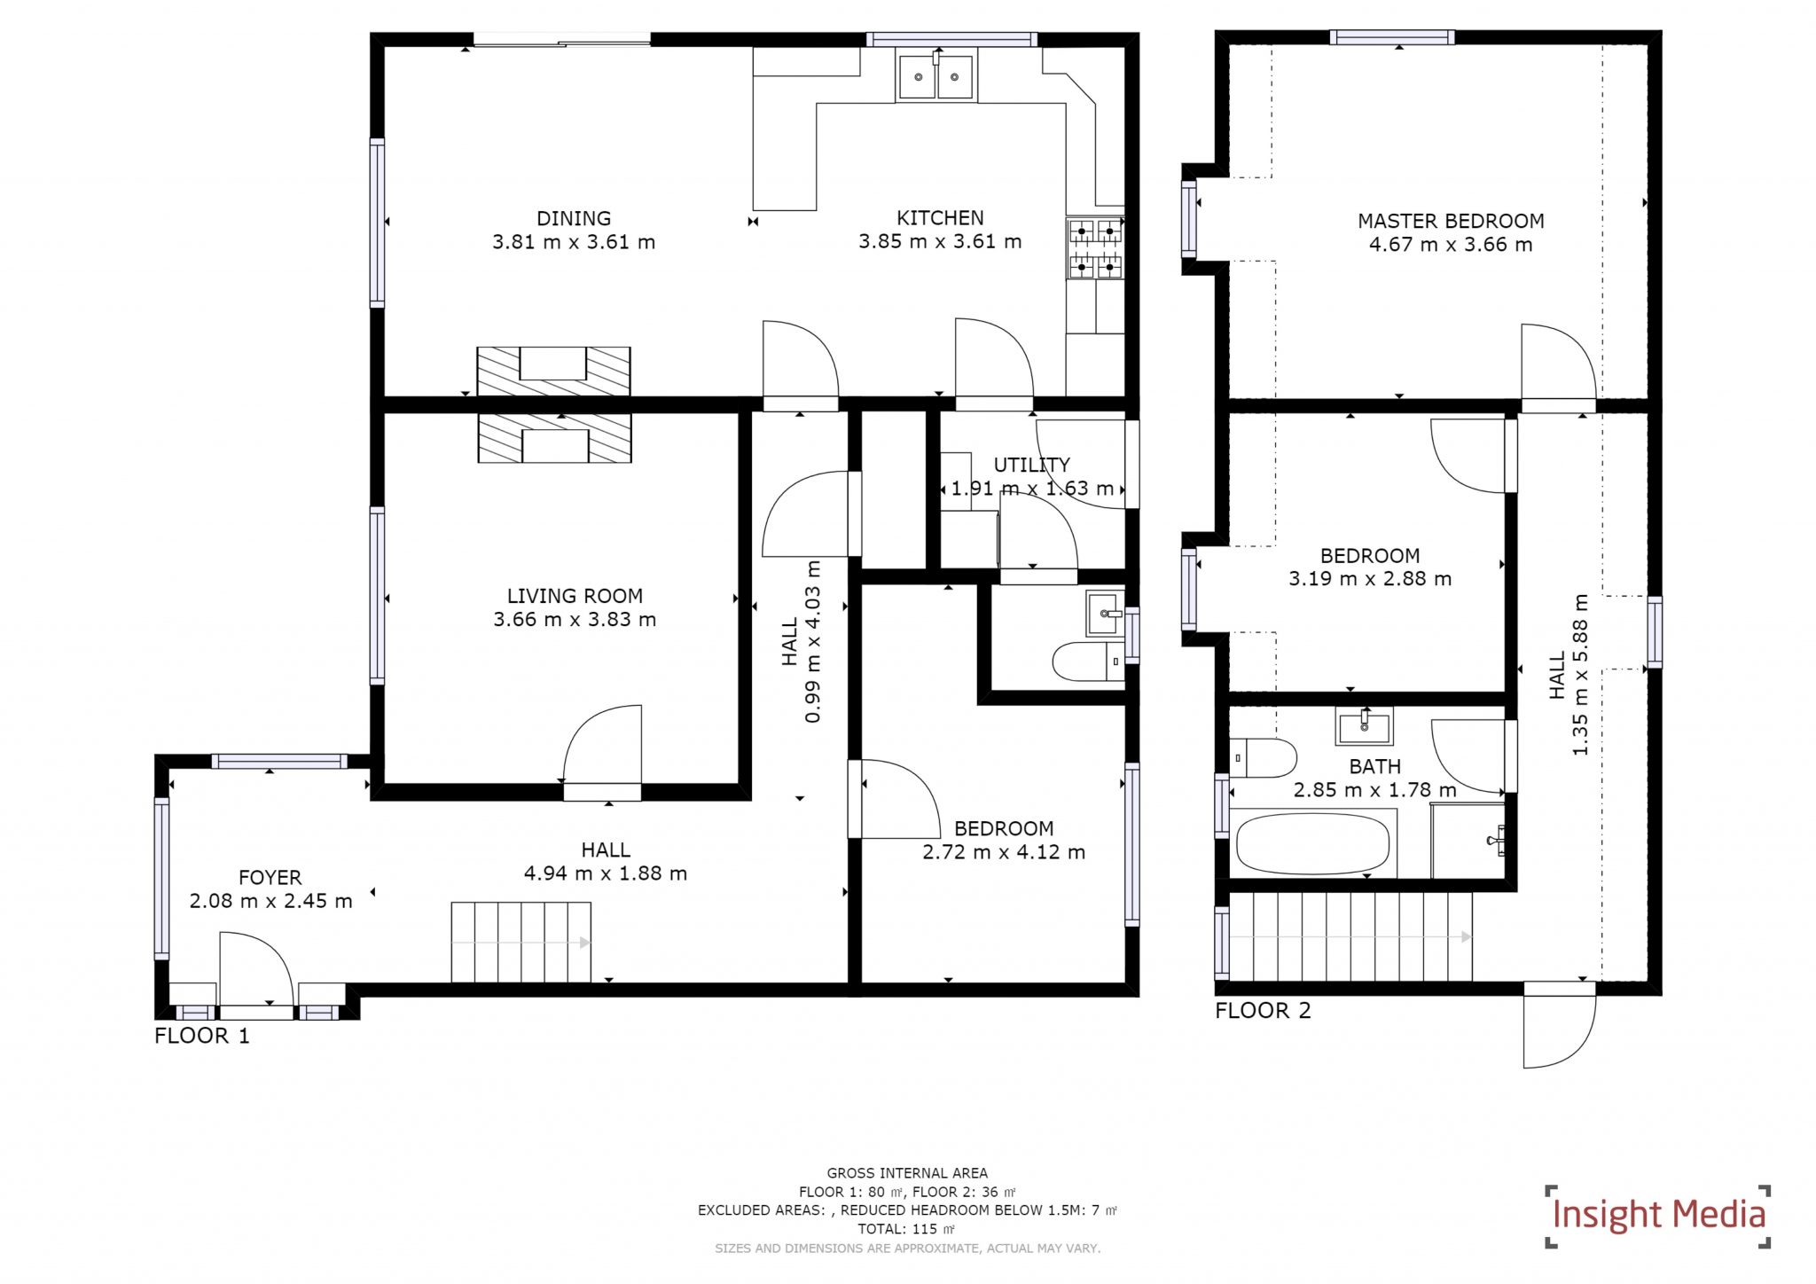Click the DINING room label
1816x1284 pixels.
click(574, 218)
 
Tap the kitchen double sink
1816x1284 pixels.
click(936, 77)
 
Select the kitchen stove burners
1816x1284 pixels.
click(1095, 248)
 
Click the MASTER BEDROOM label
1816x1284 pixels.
click(1451, 221)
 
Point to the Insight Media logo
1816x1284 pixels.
click(1657, 1215)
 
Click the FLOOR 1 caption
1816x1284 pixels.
click(202, 1035)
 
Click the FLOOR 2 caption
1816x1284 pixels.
click(1263, 1010)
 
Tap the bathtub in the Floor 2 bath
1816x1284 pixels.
click(1312, 844)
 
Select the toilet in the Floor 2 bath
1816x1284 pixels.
click(1263, 757)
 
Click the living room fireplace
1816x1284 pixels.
click(554, 439)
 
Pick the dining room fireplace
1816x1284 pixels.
click(553, 371)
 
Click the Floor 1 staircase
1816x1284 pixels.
click(521, 942)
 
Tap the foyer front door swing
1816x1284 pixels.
click(255, 968)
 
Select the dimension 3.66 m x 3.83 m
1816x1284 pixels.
click(575, 620)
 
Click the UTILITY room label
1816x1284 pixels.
click(1031, 465)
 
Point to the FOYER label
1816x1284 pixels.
click(270, 877)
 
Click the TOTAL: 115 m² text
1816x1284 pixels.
click(906, 1229)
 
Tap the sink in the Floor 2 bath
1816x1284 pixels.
click(1364, 726)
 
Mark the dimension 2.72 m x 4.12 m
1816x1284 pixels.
click(1004, 852)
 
